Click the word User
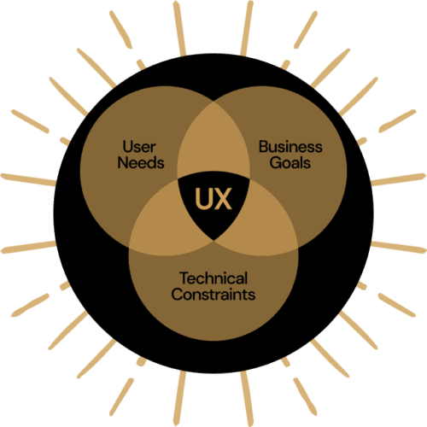pos(139,147)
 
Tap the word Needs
pos(141,163)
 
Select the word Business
pos(290,147)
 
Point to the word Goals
pos(290,163)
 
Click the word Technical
pos(213,278)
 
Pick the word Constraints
pos(213,294)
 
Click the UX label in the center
pos(213,198)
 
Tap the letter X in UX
pos(223,198)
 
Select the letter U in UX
pos(203,198)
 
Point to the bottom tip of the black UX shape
pos(213,241)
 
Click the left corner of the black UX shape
pos(178,179)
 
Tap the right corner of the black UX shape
pos(249,179)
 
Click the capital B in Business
pos(264,147)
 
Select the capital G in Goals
pos(276,163)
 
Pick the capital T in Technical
pos(185,278)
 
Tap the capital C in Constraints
pos(178,294)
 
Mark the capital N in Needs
pos(123,163)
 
